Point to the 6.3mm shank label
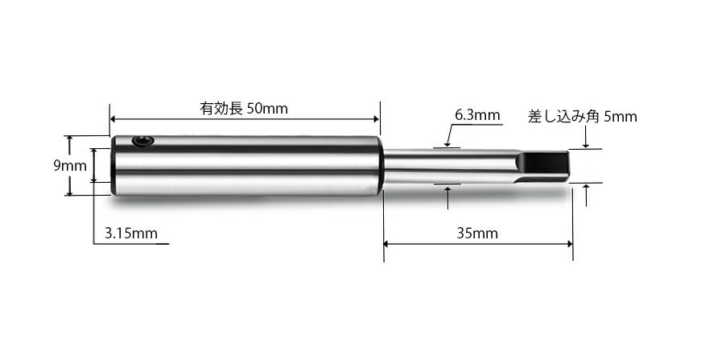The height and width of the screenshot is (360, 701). (477, 115)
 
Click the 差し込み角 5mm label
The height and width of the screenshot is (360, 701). (582, 116)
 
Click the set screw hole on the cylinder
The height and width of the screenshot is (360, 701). (143, 142)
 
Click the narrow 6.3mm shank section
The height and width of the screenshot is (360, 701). (443, 166)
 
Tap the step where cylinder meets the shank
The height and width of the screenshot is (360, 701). (382, 166)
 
